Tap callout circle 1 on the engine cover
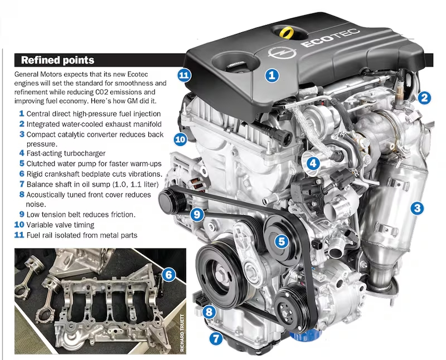272,74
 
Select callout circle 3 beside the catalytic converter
417,209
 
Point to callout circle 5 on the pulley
282,241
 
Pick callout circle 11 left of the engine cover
185,75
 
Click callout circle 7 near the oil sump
216,337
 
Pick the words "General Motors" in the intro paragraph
37,74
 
